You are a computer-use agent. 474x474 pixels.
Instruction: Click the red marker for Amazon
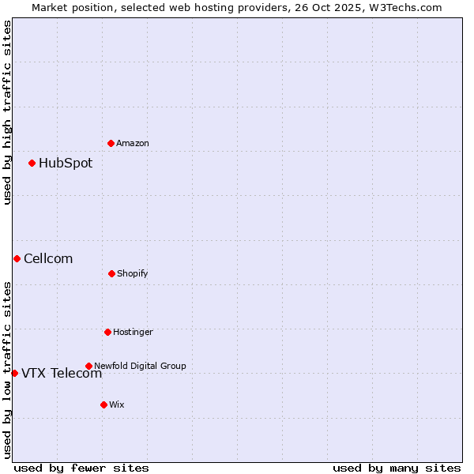[111, 143]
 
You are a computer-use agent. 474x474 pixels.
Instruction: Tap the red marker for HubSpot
[32, 164]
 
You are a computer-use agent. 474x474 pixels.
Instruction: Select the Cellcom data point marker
[17, 258]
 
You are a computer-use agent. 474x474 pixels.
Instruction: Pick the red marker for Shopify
[111, 273]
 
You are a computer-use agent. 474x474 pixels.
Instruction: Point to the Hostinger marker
[107, 332]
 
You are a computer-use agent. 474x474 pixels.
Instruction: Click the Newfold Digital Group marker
[88, 366]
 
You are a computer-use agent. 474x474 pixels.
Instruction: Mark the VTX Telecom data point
[14, 373]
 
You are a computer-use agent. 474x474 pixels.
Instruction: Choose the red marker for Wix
[103, 404]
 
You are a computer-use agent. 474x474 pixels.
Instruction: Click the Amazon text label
[133, 143]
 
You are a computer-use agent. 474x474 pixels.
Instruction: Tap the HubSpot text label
[66, 164]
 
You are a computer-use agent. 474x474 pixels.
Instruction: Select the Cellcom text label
[48, 258]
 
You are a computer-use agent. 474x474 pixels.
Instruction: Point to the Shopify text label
[133, 273]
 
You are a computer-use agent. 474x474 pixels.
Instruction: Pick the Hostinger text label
[133, 332]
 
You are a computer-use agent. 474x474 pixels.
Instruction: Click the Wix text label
[117, 404]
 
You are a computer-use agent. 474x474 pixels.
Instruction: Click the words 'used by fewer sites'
[81, 468]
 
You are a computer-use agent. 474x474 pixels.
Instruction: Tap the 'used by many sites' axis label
[397, 468]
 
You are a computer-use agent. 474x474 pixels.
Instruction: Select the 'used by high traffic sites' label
[7, 112]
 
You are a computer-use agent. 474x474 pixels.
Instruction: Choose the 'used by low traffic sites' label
[7, 370]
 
